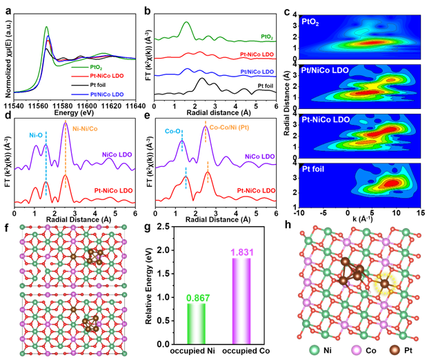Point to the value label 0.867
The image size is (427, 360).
pos(197,298)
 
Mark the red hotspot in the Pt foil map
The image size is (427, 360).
pos(390,183)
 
